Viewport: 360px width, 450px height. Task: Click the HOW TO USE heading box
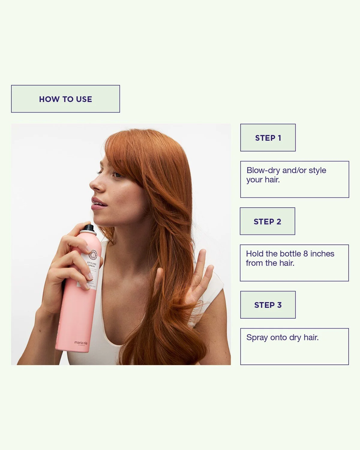pos(65,99)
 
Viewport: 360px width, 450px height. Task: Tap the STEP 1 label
pos(268,138)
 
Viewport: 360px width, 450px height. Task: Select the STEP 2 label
pos(267,221)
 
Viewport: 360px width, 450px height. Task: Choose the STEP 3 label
pos(268,305)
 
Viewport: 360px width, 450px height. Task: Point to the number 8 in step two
pos(305,254)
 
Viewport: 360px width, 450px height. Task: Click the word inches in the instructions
pos(322,254)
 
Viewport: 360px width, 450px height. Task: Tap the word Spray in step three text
pos(257,337)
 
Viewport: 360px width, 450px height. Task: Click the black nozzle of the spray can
pos(88,228)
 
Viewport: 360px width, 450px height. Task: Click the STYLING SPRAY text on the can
pos(91,265)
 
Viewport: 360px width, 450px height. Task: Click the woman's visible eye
pos(116,174)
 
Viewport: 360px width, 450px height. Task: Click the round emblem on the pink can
pos(93,254)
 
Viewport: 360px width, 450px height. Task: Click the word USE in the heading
pos(84,99)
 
